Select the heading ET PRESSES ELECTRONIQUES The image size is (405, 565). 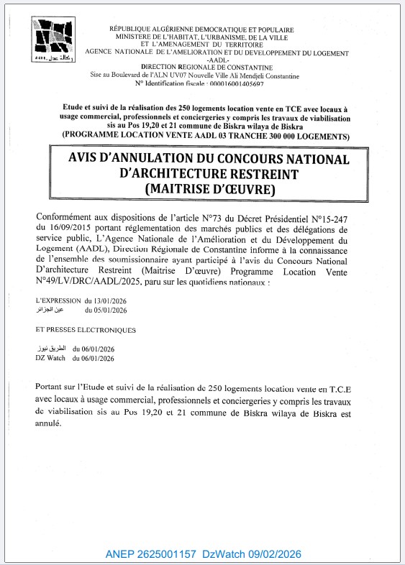(x=85, y=330)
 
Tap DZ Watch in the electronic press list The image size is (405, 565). (x=50, y=357)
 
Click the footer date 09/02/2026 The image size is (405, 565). (x=275, y=553)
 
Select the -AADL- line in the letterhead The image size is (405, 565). (x=217, y=60)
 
